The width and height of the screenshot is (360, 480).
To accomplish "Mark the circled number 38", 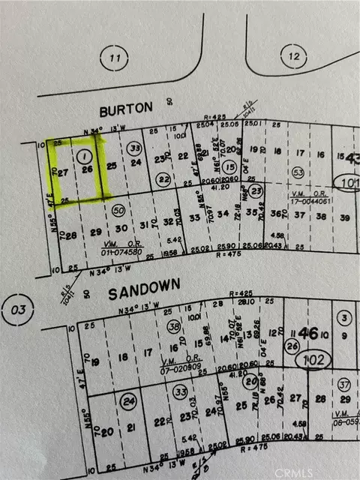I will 173,327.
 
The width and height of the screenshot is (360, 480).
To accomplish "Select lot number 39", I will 344,217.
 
